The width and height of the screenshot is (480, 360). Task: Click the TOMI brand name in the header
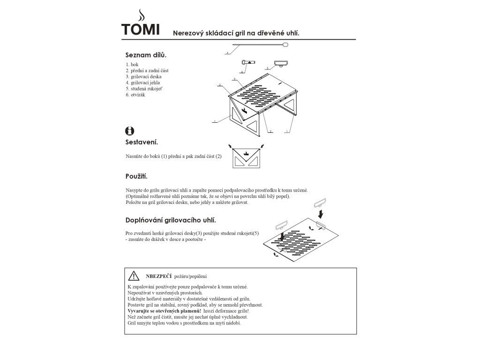coord(140,29)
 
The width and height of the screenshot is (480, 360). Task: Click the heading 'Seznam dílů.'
coord(146,55)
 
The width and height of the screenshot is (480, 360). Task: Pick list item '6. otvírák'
coord(136,95)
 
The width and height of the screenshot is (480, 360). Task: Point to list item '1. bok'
coord(132,64)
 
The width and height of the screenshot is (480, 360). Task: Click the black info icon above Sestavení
coord(130,131)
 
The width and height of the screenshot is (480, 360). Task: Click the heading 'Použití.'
coord(136,177)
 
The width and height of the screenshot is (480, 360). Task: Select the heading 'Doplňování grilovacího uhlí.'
coord(171,220)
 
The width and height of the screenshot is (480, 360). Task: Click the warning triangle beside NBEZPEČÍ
coord(134,276)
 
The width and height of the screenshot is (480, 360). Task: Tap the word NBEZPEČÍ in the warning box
coord(159,276)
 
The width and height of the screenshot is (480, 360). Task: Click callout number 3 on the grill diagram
coord(233,78)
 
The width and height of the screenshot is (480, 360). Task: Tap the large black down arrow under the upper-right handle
coord(320,214)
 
